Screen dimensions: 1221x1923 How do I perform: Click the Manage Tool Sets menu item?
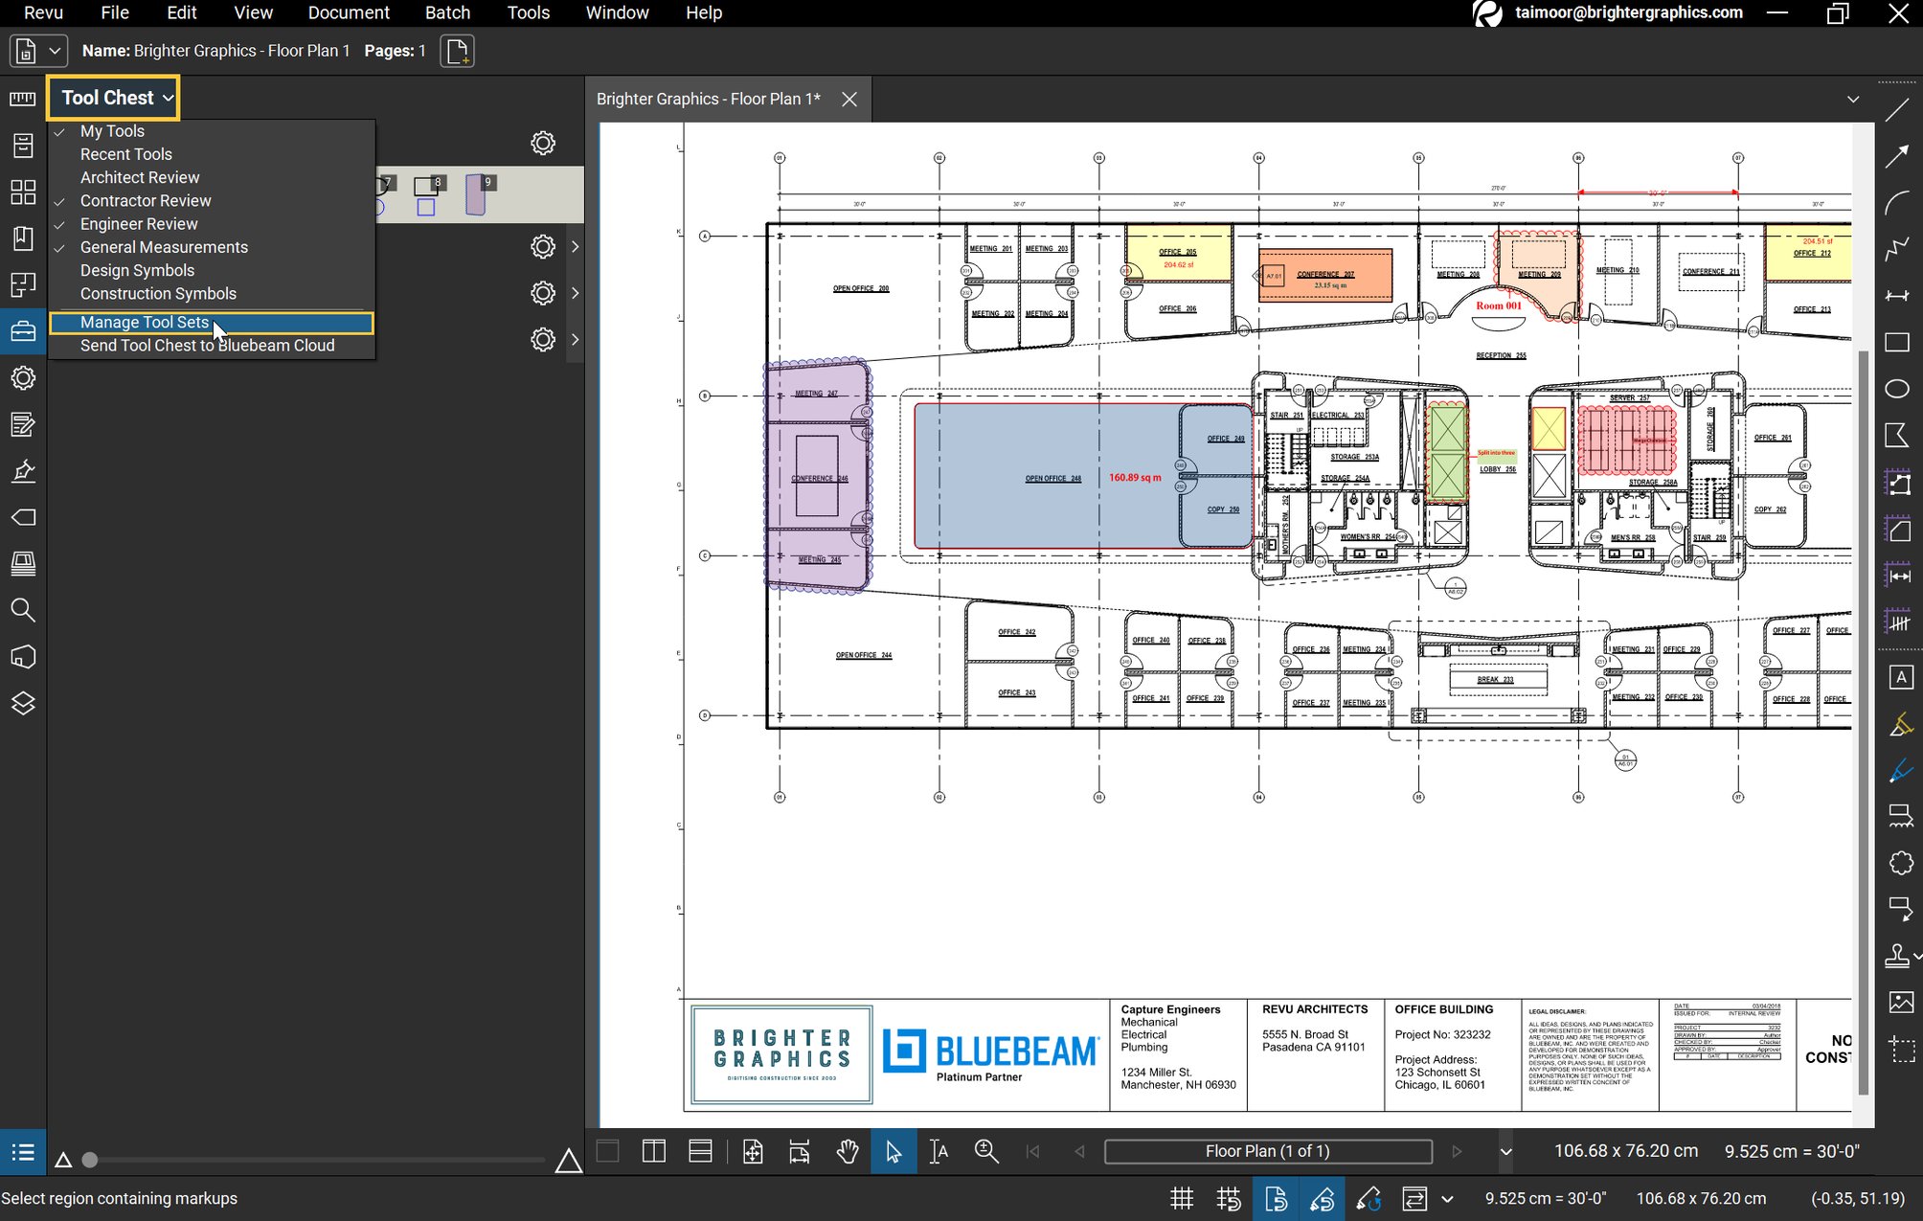coord(145,323)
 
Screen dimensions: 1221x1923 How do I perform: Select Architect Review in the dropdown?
coord(140,177)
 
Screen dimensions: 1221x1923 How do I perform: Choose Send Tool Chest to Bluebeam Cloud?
coord(207,346)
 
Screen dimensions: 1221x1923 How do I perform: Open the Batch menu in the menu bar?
coord(447,12)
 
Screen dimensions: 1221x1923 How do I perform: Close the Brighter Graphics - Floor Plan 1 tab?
coord(848,100)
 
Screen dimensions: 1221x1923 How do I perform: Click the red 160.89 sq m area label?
coord(1135,477)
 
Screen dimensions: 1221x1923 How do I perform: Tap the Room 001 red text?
coord(1498,306)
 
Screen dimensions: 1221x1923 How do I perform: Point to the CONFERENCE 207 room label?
coord(1325,274)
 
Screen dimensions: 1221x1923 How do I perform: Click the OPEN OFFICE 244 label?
coord(863,655)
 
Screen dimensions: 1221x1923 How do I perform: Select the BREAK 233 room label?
coord(1495,680)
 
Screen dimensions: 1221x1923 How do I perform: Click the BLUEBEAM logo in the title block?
coord(990,1051)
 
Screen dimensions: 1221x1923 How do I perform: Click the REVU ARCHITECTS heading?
coord(1314,1009)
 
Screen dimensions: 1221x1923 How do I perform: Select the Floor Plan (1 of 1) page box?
coord(1267,1151)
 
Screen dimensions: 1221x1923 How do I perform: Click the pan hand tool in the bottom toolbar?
coord(847,1151)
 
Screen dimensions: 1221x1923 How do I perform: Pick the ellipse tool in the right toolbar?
coord(1897,389)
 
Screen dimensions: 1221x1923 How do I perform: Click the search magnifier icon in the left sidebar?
coord(23,610)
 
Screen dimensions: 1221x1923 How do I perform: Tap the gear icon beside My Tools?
coord(543,144)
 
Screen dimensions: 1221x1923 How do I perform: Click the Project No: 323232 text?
coord(1442,1034)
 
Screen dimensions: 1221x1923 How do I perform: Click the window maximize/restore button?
coord(1837,12)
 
